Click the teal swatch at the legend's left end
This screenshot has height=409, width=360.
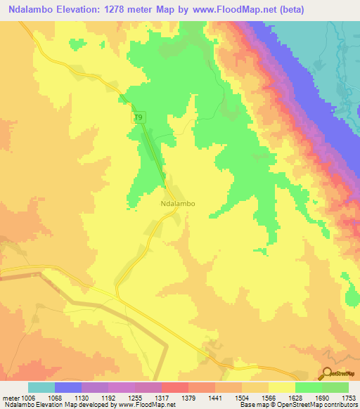(x=41, y=387)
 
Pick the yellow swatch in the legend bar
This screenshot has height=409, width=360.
(x=282, y=387)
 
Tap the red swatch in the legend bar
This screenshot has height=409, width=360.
(x=175, y=387)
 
